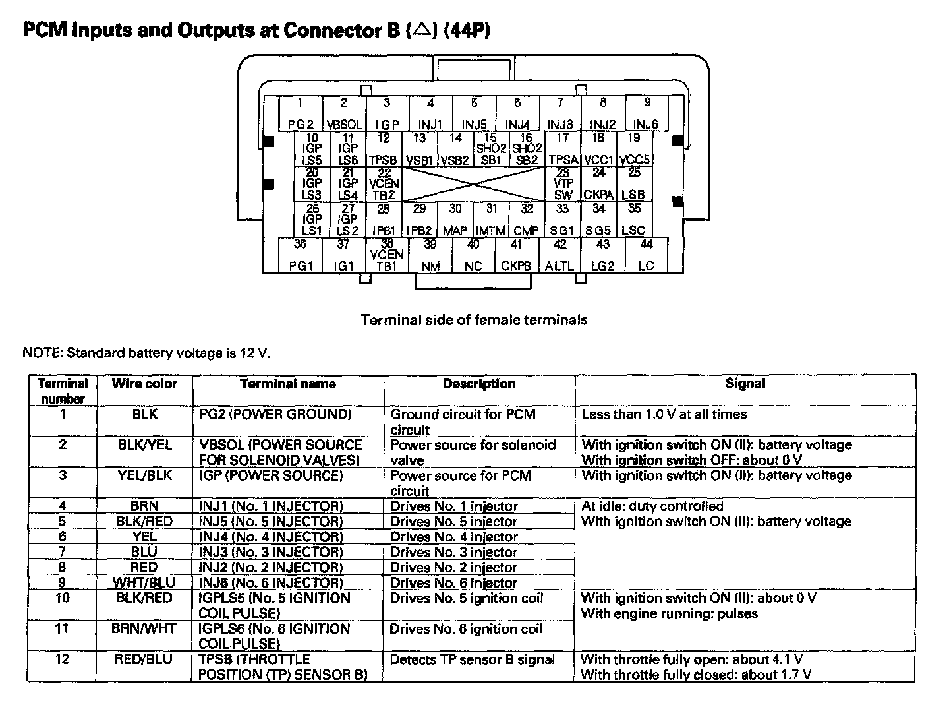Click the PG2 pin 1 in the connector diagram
point(301,113)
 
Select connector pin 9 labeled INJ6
point(647,113)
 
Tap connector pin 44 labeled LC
point(647,255)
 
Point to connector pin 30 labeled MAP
point(455,220)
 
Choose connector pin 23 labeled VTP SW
point(563,184)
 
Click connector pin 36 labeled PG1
point(301,255)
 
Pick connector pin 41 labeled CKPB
point(517,255)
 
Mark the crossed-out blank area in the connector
point(473,184)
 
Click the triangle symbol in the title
point(422,30)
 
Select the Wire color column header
point(144,384)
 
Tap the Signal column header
point(745,384)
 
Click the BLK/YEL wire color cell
point(144,445)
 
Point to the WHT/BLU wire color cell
point(144,583)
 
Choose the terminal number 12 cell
point(63,659)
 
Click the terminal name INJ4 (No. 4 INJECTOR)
point(271,537)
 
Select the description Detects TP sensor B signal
point(473,659)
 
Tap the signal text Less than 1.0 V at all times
point(664,415)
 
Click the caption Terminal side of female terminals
point(474,321)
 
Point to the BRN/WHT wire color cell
point(144,629)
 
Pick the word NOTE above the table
point(41,353)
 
